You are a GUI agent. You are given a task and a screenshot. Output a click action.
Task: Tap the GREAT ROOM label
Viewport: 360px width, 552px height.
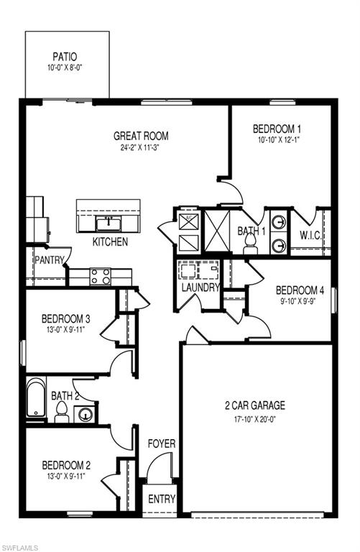tap(141, 135)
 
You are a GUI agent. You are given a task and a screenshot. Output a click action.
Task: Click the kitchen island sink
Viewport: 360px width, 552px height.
tap(109, 221)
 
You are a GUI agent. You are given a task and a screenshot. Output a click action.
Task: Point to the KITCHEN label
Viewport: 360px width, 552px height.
tap(110, 242)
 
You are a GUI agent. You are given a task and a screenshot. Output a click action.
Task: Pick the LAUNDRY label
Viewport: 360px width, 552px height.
tap(200, 287)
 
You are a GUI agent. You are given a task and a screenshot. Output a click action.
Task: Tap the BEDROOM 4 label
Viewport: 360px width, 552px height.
tap(300, 291)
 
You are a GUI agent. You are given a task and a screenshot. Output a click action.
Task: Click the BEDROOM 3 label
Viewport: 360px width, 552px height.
tap(65, 319)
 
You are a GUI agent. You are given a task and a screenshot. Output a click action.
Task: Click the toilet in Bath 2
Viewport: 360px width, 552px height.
tap(62, 412)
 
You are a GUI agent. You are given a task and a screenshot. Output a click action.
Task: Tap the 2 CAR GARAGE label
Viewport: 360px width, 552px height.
tap(255, 405)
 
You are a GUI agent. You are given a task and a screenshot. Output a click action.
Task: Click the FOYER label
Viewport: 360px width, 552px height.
tap(162, 444)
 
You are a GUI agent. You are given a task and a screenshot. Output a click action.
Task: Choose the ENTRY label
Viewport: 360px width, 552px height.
tap(162, 500)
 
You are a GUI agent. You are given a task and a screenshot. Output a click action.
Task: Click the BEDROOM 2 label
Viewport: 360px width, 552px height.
tap(65, 464)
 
